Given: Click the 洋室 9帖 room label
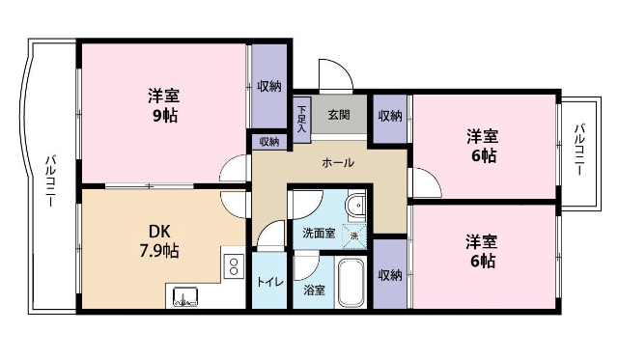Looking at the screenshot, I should [x=162, y=105].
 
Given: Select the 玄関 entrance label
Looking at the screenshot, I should [x=338, y=115].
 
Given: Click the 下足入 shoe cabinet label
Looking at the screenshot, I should [x=301, y=117].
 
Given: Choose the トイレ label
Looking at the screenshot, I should [x=269, y=283].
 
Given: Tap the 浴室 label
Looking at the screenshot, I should [x=315, y=290].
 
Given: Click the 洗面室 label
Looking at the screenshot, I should [x=318, y=234].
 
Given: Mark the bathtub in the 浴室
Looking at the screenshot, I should [x=351, y=282].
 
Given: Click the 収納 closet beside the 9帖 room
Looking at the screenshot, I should [x=269, y=87].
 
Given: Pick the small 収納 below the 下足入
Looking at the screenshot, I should [x=269, y=142].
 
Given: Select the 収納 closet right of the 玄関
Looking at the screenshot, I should [x=390, y=117].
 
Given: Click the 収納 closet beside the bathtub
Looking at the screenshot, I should [x=390, y=275].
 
